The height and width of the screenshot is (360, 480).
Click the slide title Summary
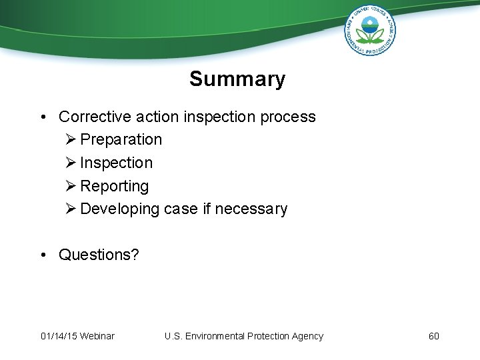[237, 79]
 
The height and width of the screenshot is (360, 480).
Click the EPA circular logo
[370, 31]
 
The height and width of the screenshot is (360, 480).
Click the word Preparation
[121, 140]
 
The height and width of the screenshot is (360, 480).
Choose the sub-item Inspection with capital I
[116, 163]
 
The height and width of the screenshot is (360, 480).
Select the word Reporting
[114, 186]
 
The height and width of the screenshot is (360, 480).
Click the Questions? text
[99, 255]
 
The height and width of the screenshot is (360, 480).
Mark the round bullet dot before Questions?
[43, 255]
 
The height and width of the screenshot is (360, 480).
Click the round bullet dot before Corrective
[43, 117]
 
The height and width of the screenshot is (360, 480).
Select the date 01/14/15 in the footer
[59, 336]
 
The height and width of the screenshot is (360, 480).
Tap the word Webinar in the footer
[97, 336]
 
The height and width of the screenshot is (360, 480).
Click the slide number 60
[434, 336]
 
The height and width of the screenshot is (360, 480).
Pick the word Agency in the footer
[307, 336]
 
